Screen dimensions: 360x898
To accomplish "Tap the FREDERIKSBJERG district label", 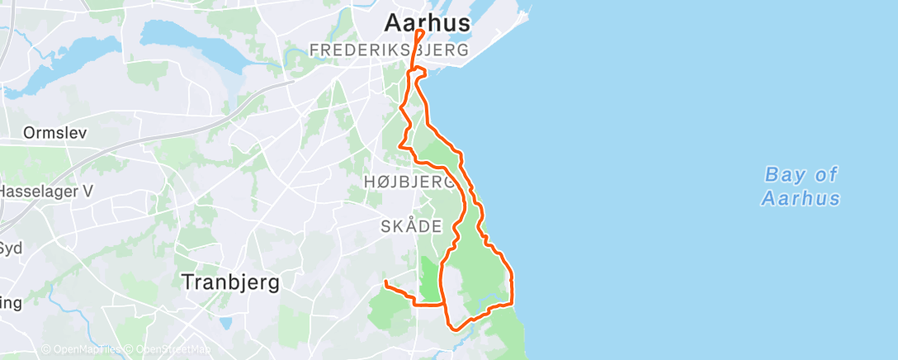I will [389, 51].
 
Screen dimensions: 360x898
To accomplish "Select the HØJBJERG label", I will [408, 182].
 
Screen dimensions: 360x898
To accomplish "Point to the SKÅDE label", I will [411, 226].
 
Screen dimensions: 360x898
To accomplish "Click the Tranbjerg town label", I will [229, 282].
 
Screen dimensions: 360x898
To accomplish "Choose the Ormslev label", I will [55, 133].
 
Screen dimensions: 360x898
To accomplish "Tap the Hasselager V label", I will [40, 191].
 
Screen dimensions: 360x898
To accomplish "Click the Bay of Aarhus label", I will [801, 187].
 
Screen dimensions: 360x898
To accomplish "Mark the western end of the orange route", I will [385, 283].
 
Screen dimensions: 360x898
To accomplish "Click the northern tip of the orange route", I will [419, 31].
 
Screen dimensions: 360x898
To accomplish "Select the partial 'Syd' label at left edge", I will [11, 249].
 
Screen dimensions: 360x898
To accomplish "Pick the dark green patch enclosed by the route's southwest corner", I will [429, 279].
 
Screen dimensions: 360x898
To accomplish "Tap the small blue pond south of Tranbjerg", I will [224, 323].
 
